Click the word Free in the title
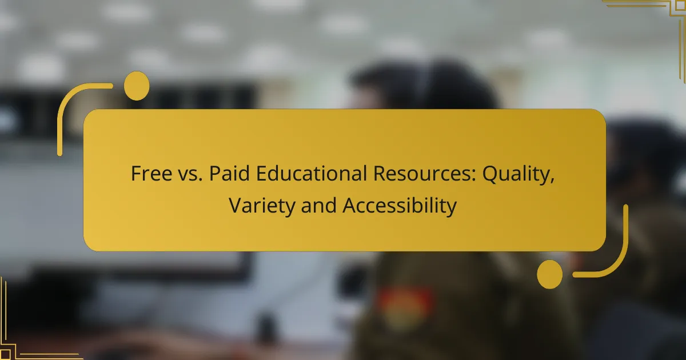click(x=149, y=174)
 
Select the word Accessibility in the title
click(x=400, y=206)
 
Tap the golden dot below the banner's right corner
click(x=549, y=274)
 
